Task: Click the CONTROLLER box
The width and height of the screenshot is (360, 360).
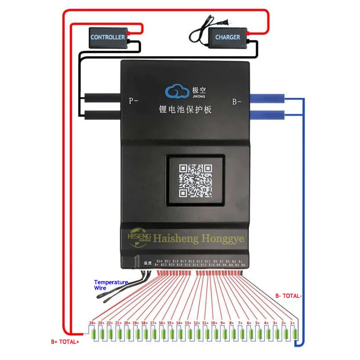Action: pos(107,37)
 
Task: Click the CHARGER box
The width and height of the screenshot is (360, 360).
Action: pos(227,37)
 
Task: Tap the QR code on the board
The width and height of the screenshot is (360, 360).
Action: pos(196,180)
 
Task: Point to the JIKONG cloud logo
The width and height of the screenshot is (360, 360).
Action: pos(176,91)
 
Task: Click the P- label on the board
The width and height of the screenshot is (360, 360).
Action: pos(133,101)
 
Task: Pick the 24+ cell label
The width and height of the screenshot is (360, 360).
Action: pos(92,323)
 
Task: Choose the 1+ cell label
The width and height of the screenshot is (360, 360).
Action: pos(292,323)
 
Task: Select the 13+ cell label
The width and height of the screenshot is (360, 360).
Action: pos(188,323)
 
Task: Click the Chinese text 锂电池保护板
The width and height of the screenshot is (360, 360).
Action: pos(185,110)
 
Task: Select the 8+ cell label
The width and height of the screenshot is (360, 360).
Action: pos(231,323)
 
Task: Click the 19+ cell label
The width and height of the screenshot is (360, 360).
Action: pos(136,323)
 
